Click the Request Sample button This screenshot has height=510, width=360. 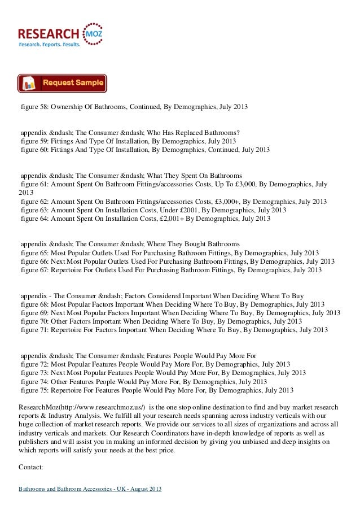(62, 83)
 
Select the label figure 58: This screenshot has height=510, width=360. (34, 106)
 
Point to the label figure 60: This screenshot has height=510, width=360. (34, 150)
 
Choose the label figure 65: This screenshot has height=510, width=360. (34, 253)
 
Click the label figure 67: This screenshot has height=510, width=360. (34, 270)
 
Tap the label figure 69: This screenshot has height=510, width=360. (34, 313)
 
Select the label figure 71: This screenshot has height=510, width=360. (34, 330)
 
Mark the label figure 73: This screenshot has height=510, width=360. (34, 373)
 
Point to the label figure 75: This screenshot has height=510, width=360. (34, 390)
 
